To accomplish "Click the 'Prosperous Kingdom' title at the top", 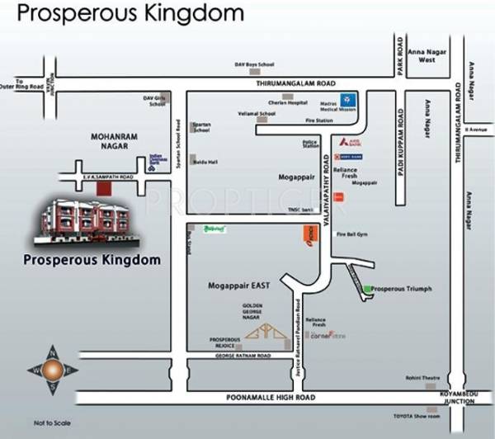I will coord(130,14).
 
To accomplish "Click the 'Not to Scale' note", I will coord(49,422).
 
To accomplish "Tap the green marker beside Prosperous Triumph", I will coord(366,288).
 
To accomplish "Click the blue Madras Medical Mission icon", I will coord(350,97).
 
